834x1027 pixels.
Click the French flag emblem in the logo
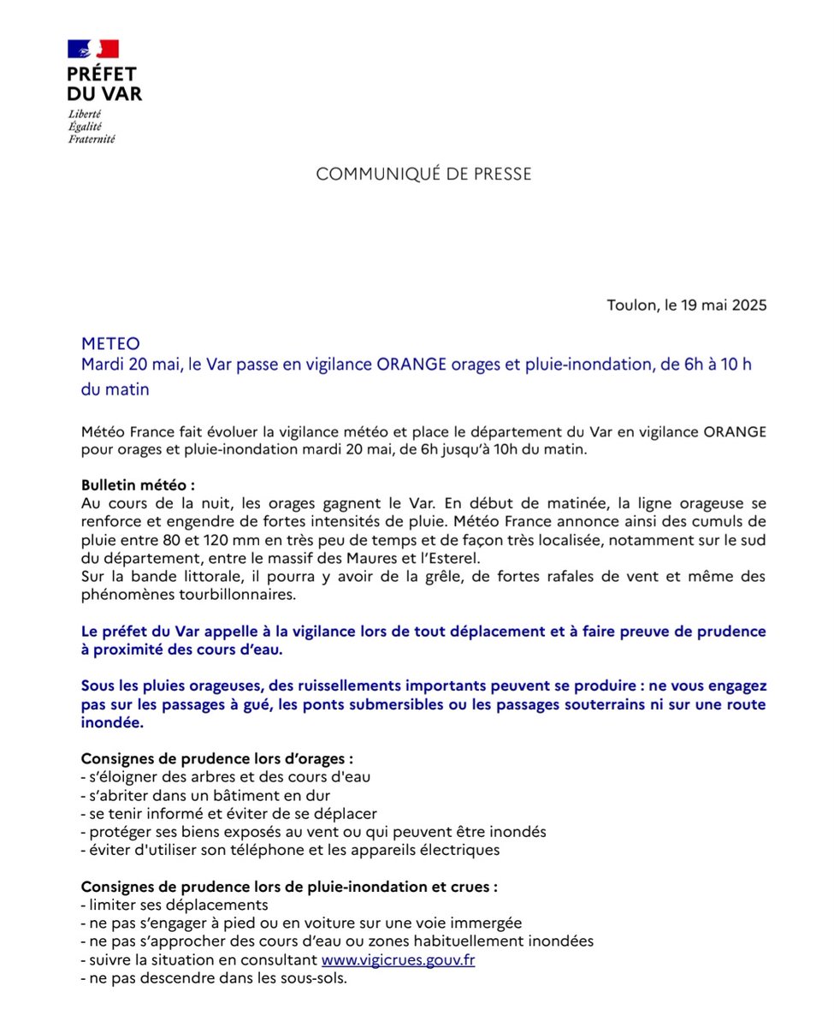click(x=92, y=49)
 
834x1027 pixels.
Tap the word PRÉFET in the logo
click(x=101, y=74)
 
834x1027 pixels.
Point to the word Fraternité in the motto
click(x=92, y=139)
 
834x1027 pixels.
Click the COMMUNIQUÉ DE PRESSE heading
click(x=423, y=174)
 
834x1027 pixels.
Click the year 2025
click(x=748, y=305)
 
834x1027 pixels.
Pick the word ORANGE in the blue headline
click(x=416, y=365)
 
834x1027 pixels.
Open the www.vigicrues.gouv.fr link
click(x=398, y=960)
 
